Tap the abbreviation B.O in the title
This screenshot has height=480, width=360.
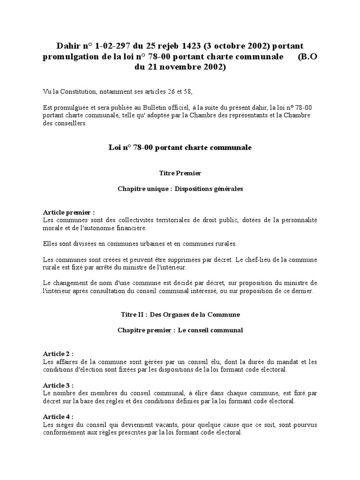(x=308, y=57)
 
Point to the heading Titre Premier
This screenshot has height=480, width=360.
(x=180, y=173)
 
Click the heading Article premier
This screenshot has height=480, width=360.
(x=68, y=212)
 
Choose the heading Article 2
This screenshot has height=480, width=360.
(x=58, y=353)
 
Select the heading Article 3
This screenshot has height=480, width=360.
(x=58, y=385)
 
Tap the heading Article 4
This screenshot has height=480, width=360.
(x=58, y=417)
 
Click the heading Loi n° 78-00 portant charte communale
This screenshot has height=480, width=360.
(x=180, y=147)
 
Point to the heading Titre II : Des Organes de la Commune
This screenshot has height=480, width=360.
(x=180, y=315)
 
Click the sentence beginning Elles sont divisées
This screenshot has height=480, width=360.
(x=140, y=244)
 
